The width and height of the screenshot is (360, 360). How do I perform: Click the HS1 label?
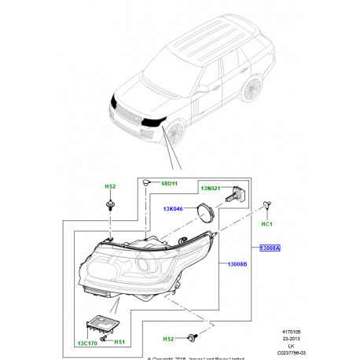pos(119,343)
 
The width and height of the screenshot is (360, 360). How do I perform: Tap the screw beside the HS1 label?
pos(105,336)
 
